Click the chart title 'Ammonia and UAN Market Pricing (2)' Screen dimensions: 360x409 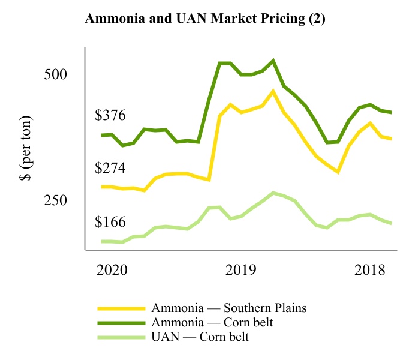pos(205,18)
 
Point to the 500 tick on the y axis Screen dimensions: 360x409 pos(58,74)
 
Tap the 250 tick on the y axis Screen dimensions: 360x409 pos(58,200)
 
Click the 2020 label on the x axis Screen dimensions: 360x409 pos(112,269)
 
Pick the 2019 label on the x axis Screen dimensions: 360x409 pos(241,269)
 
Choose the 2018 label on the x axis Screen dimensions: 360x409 pos(370,269)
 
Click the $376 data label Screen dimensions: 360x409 pos(110,115)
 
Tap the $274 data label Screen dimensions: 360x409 pos(110,168)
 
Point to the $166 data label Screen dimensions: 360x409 pos(110,222)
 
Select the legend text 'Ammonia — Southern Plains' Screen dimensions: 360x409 pos(229,308)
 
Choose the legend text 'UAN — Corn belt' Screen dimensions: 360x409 pos(200,337)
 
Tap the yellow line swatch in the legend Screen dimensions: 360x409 pos(122,308)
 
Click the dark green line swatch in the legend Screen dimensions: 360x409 pos(122,323)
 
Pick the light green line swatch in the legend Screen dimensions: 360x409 pos(122,337)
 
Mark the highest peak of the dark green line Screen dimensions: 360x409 pos(273,61)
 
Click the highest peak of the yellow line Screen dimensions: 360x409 pos(273,91)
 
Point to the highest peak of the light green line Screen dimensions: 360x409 pos(273,193)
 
